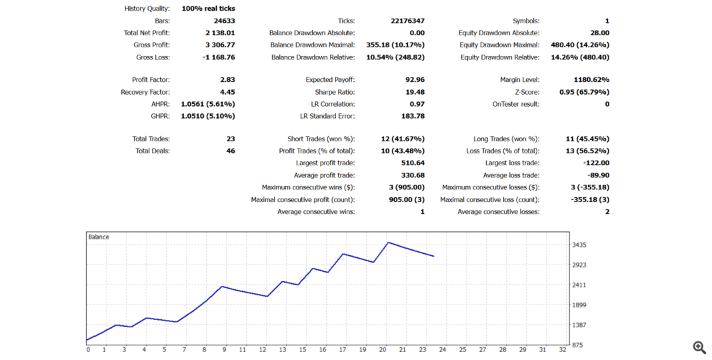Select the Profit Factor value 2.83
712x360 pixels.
tap(227, 80)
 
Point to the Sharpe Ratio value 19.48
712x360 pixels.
tap(414, 92)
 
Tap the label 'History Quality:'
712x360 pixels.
tap(147, 9)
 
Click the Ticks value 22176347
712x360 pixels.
tap(407, 21)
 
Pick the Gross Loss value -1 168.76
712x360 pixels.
tap(217, 57)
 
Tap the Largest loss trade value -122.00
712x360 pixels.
tap(595, 163)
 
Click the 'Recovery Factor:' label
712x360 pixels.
tap(145, 92)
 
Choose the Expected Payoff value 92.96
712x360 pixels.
tap(415, 80)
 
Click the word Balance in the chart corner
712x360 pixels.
tap(99, 237)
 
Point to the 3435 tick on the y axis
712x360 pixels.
tap(579, 245)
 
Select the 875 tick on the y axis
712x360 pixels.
tap(577, 345)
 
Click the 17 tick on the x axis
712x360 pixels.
tap(343, 349)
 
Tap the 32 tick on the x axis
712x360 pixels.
tap(561, 349)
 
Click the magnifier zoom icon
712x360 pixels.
tap(699, 347)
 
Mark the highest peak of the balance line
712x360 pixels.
tap(388, 243)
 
